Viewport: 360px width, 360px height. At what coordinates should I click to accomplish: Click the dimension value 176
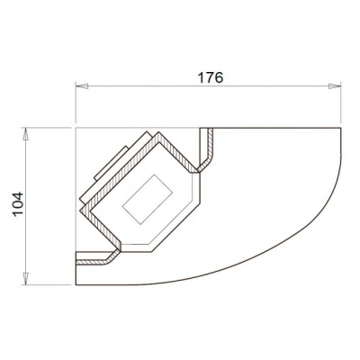210,76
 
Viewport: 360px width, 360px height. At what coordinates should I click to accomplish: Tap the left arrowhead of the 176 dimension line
79,87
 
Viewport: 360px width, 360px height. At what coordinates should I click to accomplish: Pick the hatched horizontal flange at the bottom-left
94,261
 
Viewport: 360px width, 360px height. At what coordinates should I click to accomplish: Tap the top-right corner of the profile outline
343,128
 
